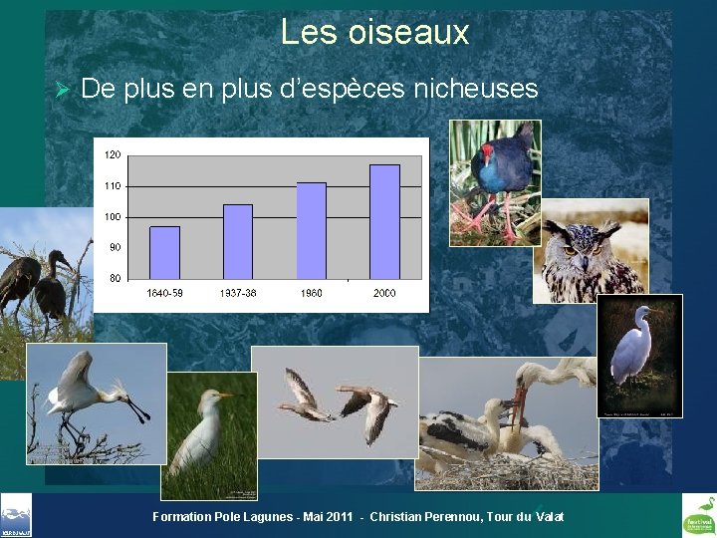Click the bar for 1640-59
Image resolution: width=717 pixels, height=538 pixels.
(164, 252)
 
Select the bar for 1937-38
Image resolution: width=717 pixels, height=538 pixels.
(237, 241)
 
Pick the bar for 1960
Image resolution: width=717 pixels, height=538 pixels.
(311, 230)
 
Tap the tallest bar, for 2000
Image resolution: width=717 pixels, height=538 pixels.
(384, 221)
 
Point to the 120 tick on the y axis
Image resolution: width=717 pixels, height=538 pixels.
(114, 155)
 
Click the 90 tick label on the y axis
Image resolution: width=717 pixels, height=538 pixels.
(116, 247)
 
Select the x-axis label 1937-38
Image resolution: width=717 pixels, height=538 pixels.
(237, 293)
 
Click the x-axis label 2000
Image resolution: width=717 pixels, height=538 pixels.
(384, 293)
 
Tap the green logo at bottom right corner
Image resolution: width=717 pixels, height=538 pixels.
(697, 515)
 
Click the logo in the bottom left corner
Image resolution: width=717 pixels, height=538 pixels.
(16, 515)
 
